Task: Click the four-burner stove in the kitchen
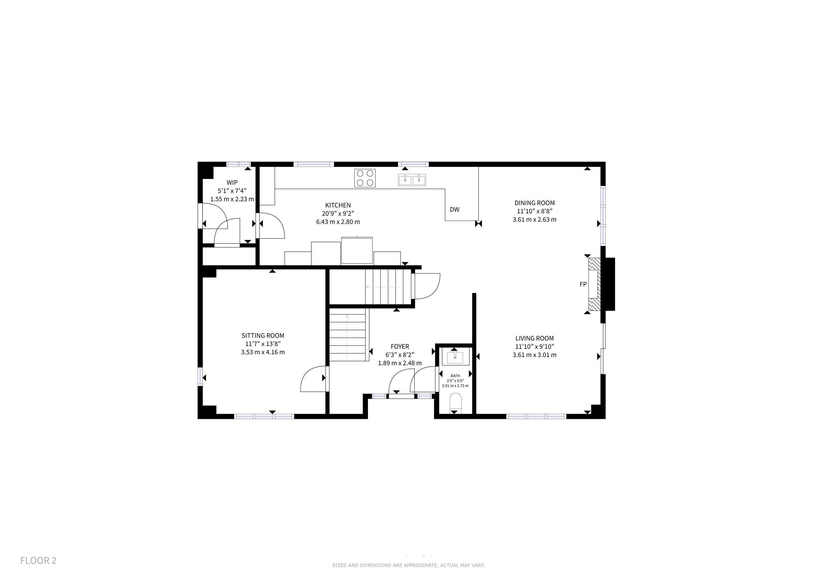pos(365,178)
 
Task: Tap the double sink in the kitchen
pos(412,180)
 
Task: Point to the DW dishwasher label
pos(454,210)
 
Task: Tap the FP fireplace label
pos(583,284)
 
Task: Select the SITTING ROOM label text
pos(263,335)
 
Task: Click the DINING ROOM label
pos(535,203)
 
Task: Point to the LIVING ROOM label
pos(535,338)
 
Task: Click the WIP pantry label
pos(232,183)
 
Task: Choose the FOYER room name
pos(400,346)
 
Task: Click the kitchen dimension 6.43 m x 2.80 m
pos(338,222)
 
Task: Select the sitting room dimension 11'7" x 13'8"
pos(263,344)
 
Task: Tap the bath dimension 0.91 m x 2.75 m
pos(455,386)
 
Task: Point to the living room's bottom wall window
pos(536,416)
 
